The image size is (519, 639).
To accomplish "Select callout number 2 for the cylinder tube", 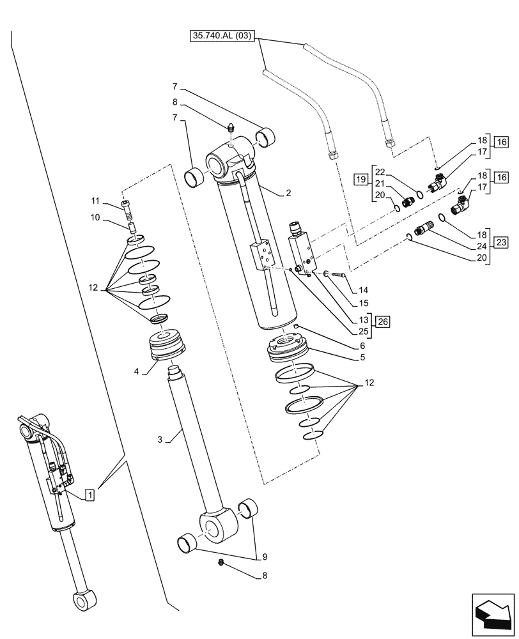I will click(x=270, y=191).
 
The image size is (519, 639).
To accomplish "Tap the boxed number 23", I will click(x=500, y=242).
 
